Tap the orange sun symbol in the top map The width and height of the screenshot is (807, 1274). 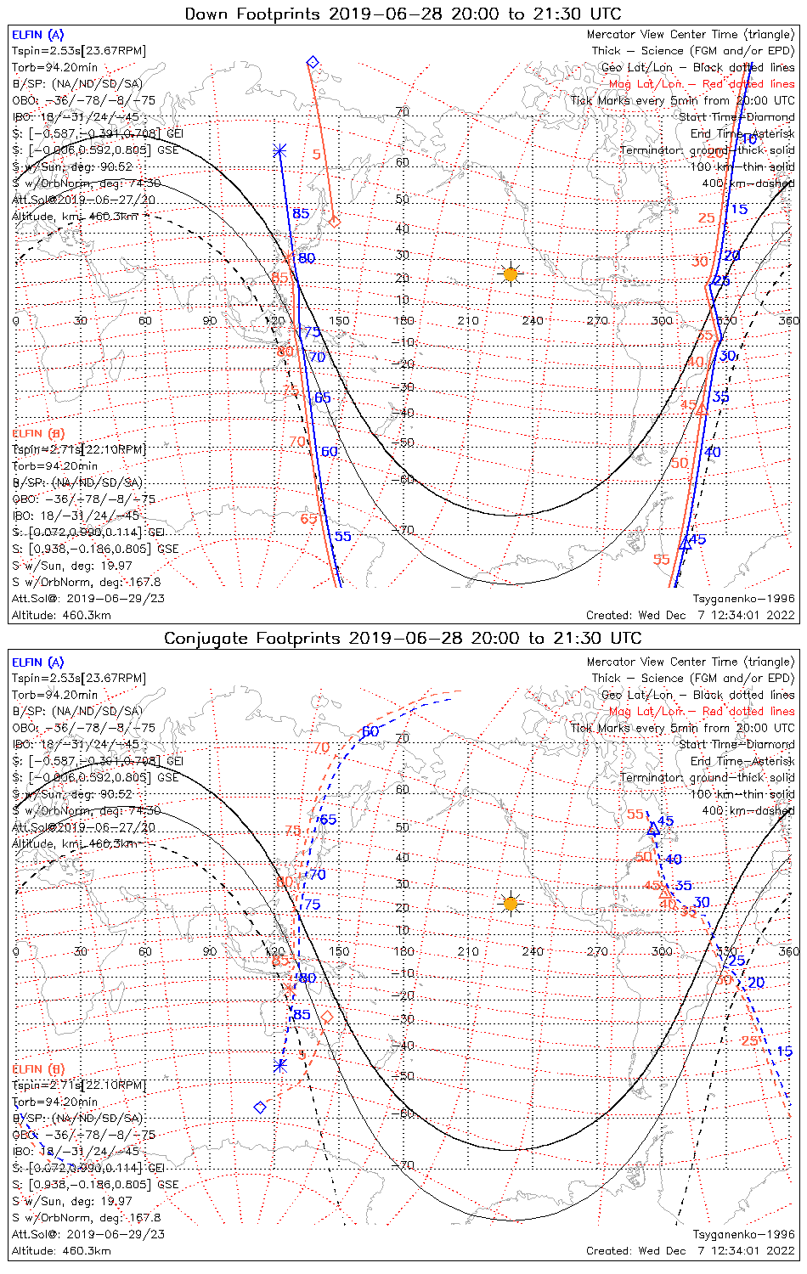pyautogui.click(x=510, y=274)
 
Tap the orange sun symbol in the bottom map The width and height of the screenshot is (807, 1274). pyautogui.click(x=510, y=903)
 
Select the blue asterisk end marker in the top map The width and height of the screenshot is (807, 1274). pyautogui.click(x=279, y=151)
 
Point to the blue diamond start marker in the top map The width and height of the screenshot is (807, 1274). pyautogui.click(x=313, y=62)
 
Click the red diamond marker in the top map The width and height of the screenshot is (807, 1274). pyautogui.click(x=335, y=222)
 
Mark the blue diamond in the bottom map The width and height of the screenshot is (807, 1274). pyautogui.click(x=261, y=1108)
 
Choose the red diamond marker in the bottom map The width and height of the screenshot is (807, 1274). pyautogui.click(x=326, y=1017)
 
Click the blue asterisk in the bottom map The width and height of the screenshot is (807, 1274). pyautogui.click(x=280, y=1065)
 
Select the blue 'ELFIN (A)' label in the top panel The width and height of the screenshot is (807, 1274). pyautogui.click(x=37, y=35)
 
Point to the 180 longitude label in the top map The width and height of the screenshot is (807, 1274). pyautogui.click(x=403, y=320)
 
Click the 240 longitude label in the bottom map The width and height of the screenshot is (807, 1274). pyautogui.click(x=533, y=951)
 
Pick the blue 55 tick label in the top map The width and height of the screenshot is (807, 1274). pyautogui.click(x=342, y=536)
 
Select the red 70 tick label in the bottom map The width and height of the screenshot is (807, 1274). pyautogui.click(x=320, y=748)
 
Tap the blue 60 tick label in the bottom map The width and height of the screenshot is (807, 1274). pyautogui.click(x=370, y=732)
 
